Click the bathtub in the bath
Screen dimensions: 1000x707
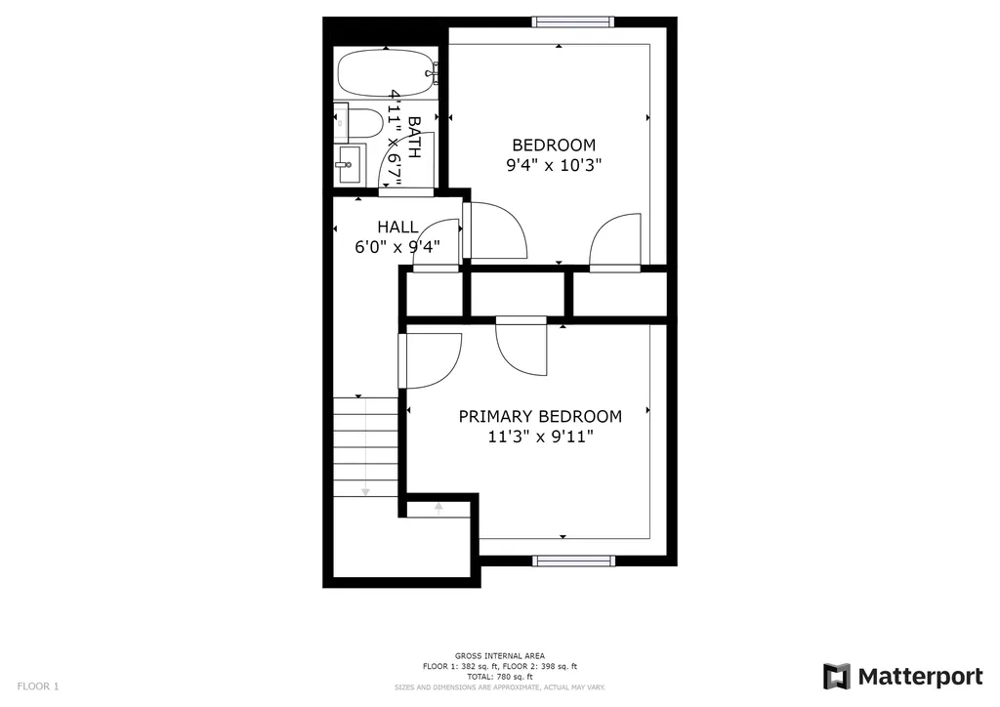(x=387, y=72)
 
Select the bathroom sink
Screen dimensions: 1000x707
(x=351, y=163)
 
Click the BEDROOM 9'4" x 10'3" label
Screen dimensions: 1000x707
(x=554, y=155)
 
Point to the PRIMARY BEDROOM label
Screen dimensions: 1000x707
(x=540, y=416)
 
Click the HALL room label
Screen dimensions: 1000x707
(x=398, y=227)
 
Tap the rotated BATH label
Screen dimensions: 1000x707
(x=413, y=137)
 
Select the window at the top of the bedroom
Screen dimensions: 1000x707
(x=573, y=22)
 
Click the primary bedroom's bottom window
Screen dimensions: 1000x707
(x=573, y=561)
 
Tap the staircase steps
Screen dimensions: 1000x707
(x=365, y=447)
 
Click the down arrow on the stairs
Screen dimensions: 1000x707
(x=365, y=446)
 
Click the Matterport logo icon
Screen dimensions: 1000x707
(x=836, y=677)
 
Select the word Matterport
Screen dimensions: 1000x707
(x=920, y=677)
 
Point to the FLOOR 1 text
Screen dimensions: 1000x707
(x=38, y=686)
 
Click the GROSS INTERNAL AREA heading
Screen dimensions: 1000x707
(x=499, y=656)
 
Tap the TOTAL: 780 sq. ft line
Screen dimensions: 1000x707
(x=499, y=677)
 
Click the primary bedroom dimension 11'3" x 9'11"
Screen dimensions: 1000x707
(x=541, y=437)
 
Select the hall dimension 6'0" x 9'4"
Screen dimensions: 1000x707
(x=397, y=247)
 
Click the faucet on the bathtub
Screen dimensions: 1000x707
(x=434, y=72)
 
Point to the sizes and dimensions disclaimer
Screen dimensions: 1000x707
(x=499, y=687)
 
